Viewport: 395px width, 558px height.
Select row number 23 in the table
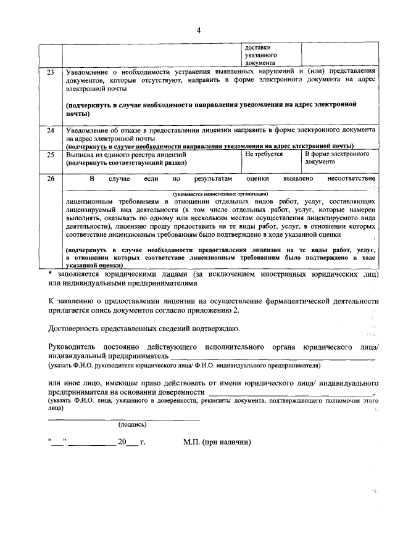(x=51, y=72)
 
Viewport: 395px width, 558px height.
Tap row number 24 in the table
(x=51, y=131)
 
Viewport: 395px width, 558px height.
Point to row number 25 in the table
(x=51, y=154)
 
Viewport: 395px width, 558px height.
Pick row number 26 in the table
(x=51, y=179)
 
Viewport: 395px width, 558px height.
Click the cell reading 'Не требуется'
(x=264, y=154)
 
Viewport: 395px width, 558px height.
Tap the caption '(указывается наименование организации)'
(x=220, y=194)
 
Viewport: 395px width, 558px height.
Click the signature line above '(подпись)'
(x=123, y=419)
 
